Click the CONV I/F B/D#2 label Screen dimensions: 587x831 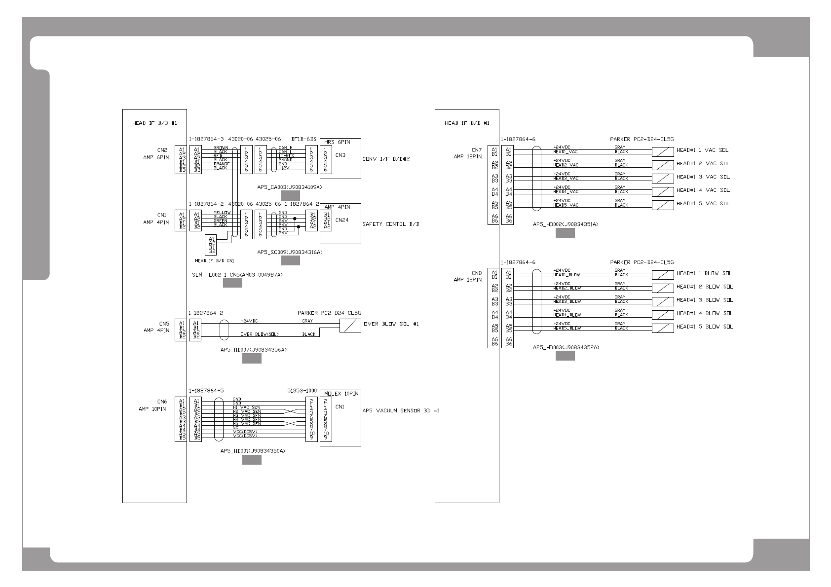pos(386,159)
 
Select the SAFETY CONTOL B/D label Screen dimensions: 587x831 pos(391,224)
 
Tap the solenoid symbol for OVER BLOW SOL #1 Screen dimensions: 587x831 pos(350,325)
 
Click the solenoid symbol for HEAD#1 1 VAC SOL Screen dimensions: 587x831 pos(663,151)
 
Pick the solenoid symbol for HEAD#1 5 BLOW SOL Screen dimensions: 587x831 pos(663,328)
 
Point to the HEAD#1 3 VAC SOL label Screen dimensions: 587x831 pos(703,177)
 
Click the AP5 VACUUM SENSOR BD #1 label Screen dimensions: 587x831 pos(400,410)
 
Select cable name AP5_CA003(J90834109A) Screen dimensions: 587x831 pos(290,187)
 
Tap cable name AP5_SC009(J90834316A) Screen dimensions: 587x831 pos(290,252)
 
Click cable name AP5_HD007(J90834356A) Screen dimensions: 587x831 pos(253,350)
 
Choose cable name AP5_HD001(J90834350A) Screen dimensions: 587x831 pos(253,451)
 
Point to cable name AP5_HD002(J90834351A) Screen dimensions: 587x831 pos(566,224)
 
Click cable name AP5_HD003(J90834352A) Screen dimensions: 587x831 pos(566,347)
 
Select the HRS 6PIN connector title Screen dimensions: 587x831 pos(337,142)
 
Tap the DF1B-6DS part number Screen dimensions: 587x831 pos(304,139)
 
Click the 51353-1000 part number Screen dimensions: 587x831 pos(302,390)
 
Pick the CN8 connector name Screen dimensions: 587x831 pos(476,273)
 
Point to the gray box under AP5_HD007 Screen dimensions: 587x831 pos(252,359)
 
